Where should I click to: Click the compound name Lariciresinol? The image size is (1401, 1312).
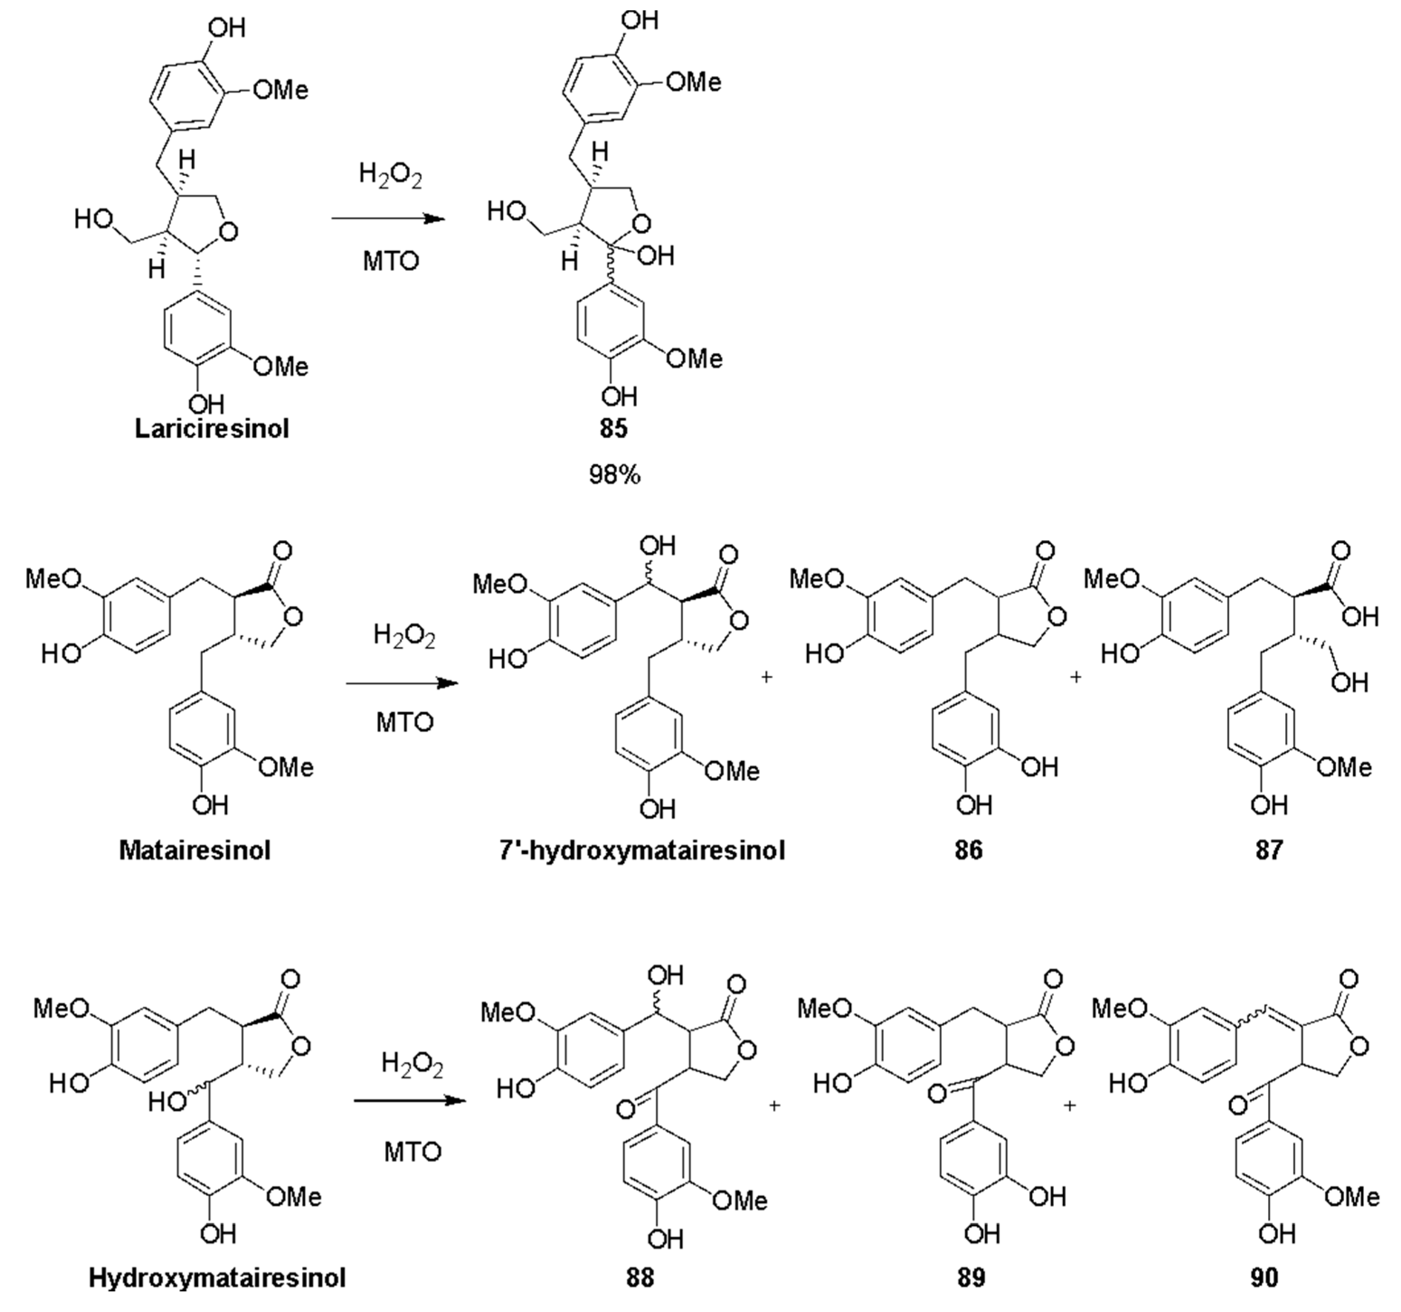212,429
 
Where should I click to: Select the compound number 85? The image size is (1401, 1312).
613,429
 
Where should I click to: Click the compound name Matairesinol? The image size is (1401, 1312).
194,850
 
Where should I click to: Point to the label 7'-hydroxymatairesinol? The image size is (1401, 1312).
642,850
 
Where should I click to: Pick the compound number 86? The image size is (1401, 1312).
968,850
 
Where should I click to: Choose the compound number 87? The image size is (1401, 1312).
1269,850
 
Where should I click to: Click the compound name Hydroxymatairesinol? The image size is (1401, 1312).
217,1278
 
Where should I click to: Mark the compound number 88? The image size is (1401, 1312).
640,1278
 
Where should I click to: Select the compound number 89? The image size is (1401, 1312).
971,1278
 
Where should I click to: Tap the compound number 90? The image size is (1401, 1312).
1264,1278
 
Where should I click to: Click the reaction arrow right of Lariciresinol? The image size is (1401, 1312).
388,218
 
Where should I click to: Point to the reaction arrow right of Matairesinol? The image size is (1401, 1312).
402,683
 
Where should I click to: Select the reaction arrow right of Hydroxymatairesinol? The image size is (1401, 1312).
410,1100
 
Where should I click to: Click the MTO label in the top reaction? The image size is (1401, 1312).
391,261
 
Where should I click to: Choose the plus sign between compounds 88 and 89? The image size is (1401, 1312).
774,1105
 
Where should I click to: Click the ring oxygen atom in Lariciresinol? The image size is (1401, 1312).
228,231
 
